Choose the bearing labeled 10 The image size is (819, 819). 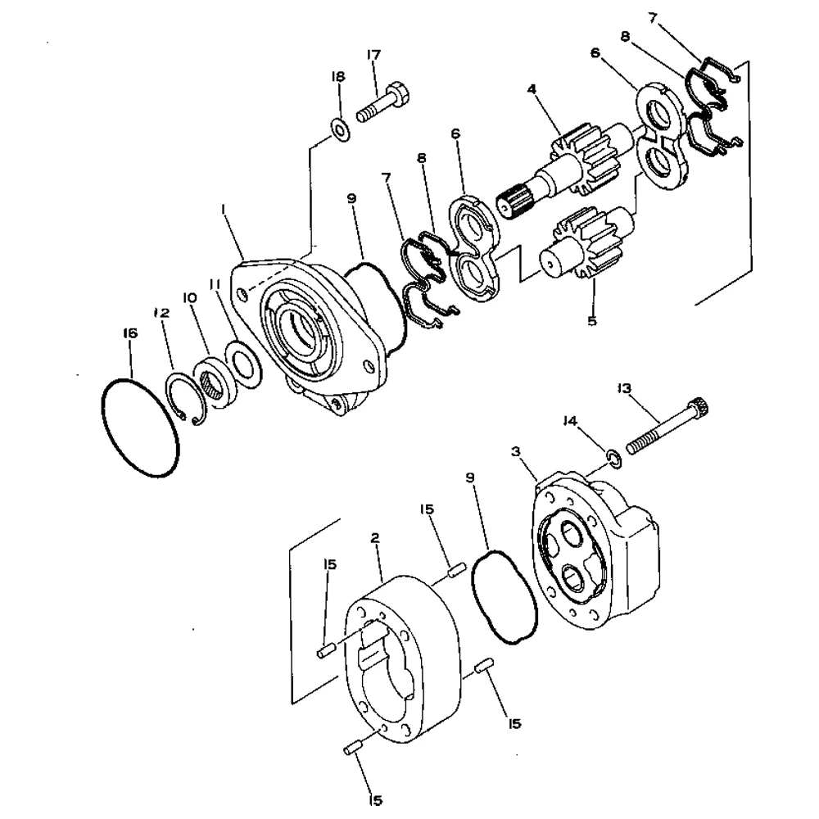(215, 379)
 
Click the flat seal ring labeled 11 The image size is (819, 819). (243, 363)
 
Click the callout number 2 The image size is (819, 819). (375, 537)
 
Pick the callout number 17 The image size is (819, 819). (373, 56)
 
